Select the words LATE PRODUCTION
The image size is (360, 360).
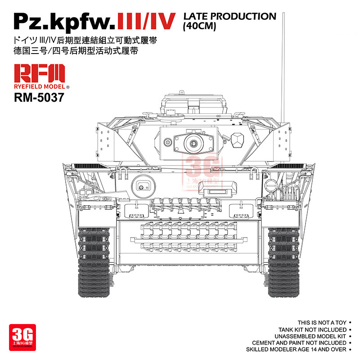229,16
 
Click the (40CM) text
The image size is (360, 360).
200,27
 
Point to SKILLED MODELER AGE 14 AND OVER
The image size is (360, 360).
296,349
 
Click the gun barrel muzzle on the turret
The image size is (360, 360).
194,143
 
